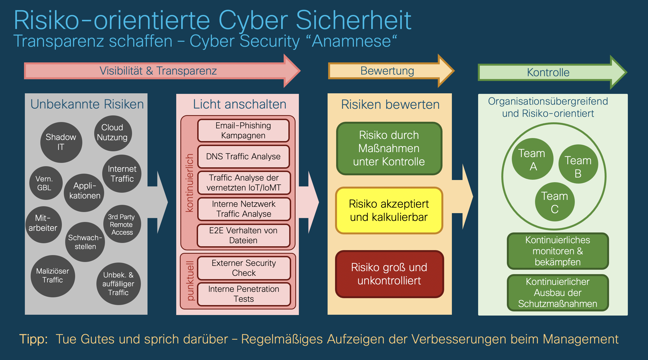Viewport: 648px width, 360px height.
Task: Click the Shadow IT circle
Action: tap(61, 142)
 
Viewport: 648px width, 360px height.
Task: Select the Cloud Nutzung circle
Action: tap(113, 133)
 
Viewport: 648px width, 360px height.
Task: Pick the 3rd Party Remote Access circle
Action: tap(122, 224)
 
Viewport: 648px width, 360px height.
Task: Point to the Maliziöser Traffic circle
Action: tap(53, 276)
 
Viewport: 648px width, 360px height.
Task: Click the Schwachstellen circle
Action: tap(85, 242)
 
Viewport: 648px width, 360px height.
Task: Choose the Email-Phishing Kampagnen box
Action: tap(243, 131)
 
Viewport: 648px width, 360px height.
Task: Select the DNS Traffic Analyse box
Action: tap(243, 157)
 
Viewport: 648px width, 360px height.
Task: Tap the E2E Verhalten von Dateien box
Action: tap(243, 235)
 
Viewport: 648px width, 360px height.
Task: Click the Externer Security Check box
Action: tap(244, 268)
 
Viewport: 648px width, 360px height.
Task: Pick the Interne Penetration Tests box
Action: tap(244, 294)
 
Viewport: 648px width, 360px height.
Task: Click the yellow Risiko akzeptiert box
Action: tap(389, 210)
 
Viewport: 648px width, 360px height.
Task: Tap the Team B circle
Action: tap(578, 164)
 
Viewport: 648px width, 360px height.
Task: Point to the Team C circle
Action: tap(555, 202)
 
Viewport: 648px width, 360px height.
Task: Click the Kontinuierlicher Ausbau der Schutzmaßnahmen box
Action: tap(558, 293)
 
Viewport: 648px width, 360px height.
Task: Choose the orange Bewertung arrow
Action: tap(388, 71)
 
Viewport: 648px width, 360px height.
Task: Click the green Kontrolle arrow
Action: tap(548, 72)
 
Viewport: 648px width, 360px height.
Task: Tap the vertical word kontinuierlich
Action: tap(189, 183)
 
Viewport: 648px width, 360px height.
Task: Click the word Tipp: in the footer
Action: tap(33, 339)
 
